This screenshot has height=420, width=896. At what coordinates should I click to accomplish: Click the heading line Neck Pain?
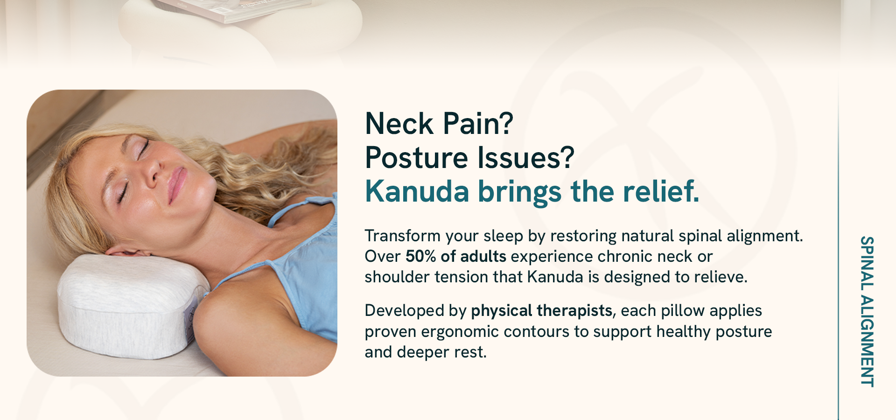pos(439,124)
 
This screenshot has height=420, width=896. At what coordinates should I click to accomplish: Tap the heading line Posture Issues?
pos(469,158)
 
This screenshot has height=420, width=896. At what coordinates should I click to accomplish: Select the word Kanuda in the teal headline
pos(417,191)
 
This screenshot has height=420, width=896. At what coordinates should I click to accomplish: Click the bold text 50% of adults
pos(456,256)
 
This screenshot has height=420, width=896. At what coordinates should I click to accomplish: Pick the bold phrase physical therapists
pos(542,311)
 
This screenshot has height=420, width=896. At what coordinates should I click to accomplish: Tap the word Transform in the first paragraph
pos(402,236)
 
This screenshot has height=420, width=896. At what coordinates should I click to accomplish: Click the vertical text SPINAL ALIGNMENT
pos(867,311)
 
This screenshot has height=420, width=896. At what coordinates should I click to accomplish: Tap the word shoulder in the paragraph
pos(397,277)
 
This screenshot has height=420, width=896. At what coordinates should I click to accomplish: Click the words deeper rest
pos(441,352)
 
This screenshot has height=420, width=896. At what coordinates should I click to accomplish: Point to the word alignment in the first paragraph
pos(765,236)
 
